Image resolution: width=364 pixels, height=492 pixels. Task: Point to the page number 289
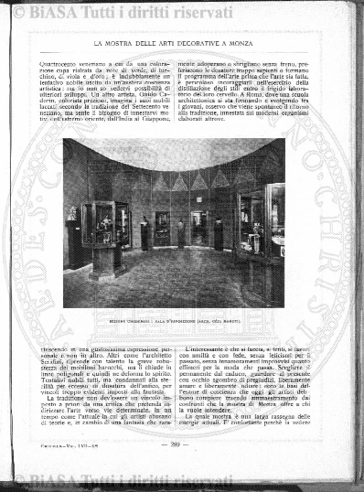pos(178,444)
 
